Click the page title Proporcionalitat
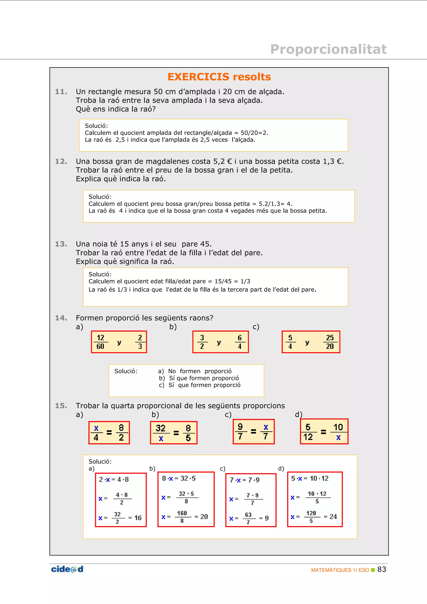tap(328, 49)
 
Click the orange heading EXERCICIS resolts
tap(219, 77)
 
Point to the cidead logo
tap(67, 569)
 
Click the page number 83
tap(382, 569)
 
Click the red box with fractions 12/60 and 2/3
tap(119, 342)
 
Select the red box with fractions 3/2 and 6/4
tap(220, 342)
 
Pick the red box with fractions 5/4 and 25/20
tap(311, 342)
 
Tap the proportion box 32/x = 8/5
tap(174, 432)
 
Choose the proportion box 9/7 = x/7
tap(254, 431)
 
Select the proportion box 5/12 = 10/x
tap(324, 431)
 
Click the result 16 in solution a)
tap(138, 518)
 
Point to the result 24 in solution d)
tap(333, 517)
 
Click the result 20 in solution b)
tap(204, 517)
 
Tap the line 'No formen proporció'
tap(200, 371)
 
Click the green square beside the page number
tap(373, 570)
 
